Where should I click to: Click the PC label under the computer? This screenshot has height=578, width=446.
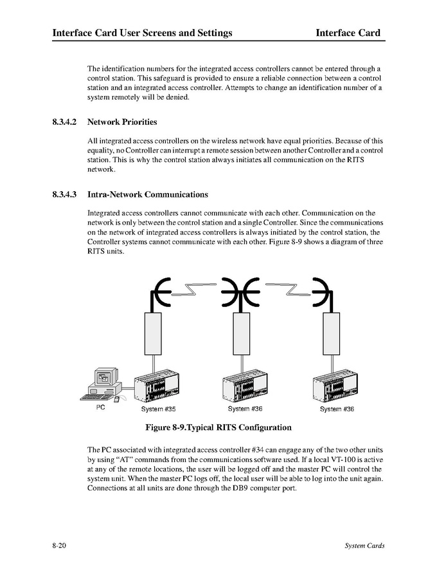click(x=101, y=407)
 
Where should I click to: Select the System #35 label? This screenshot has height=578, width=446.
click(x=158, y=409)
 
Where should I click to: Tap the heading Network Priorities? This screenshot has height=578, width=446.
click(x=122, y=122)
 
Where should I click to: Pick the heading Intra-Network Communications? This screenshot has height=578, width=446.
click(x=147, y=194)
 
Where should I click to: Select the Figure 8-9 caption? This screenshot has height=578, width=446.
click(x=219, y=427)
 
